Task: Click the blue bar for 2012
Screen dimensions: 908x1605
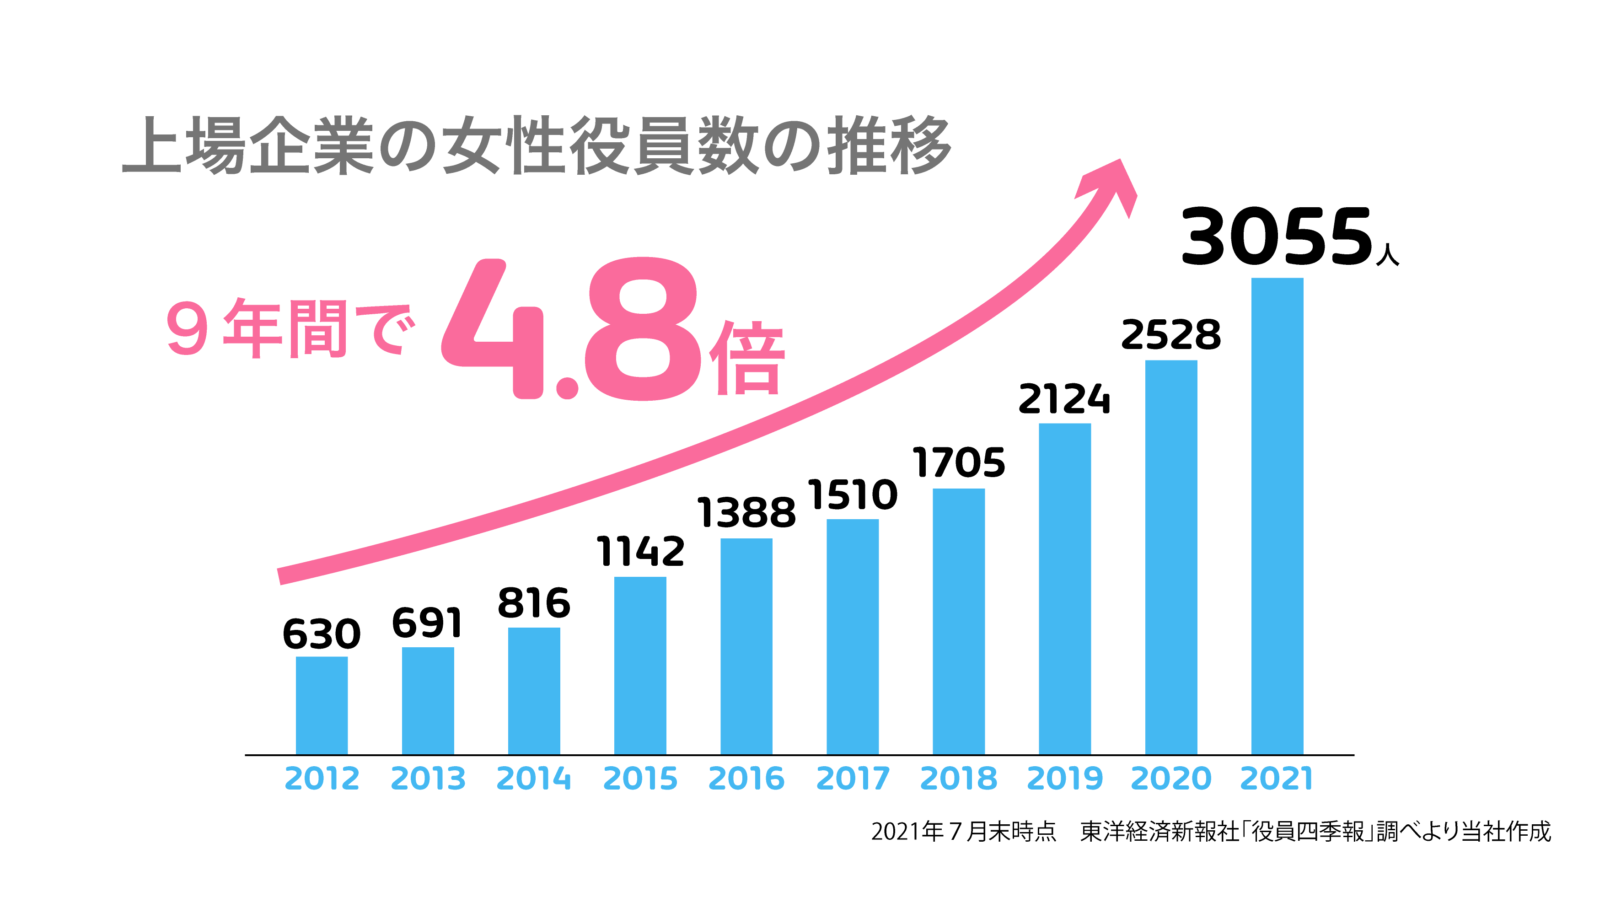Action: [322, 705]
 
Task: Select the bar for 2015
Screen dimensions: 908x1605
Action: [640, 666]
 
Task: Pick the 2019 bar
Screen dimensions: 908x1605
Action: [1064, 589]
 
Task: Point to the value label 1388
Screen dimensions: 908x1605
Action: [746, 513]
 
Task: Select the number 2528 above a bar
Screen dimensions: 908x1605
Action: [1171, 335]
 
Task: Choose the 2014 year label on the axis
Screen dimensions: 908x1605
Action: [534, 778]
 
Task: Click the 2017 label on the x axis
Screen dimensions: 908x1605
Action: [853, 778]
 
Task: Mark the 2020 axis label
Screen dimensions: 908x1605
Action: [1171, 778]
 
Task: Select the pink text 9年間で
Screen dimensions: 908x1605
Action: [290, 328]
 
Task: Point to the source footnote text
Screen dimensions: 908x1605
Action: [1210, 831]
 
